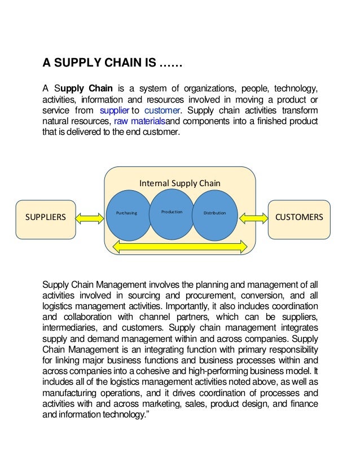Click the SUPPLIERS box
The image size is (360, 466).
point(46,217)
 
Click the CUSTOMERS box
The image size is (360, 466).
point(298,217)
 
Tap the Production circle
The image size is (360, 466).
point(172,212)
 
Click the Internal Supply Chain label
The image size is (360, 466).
point(179,183)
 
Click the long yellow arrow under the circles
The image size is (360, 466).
point(181,245)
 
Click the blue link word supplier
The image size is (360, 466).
point(113,109)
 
